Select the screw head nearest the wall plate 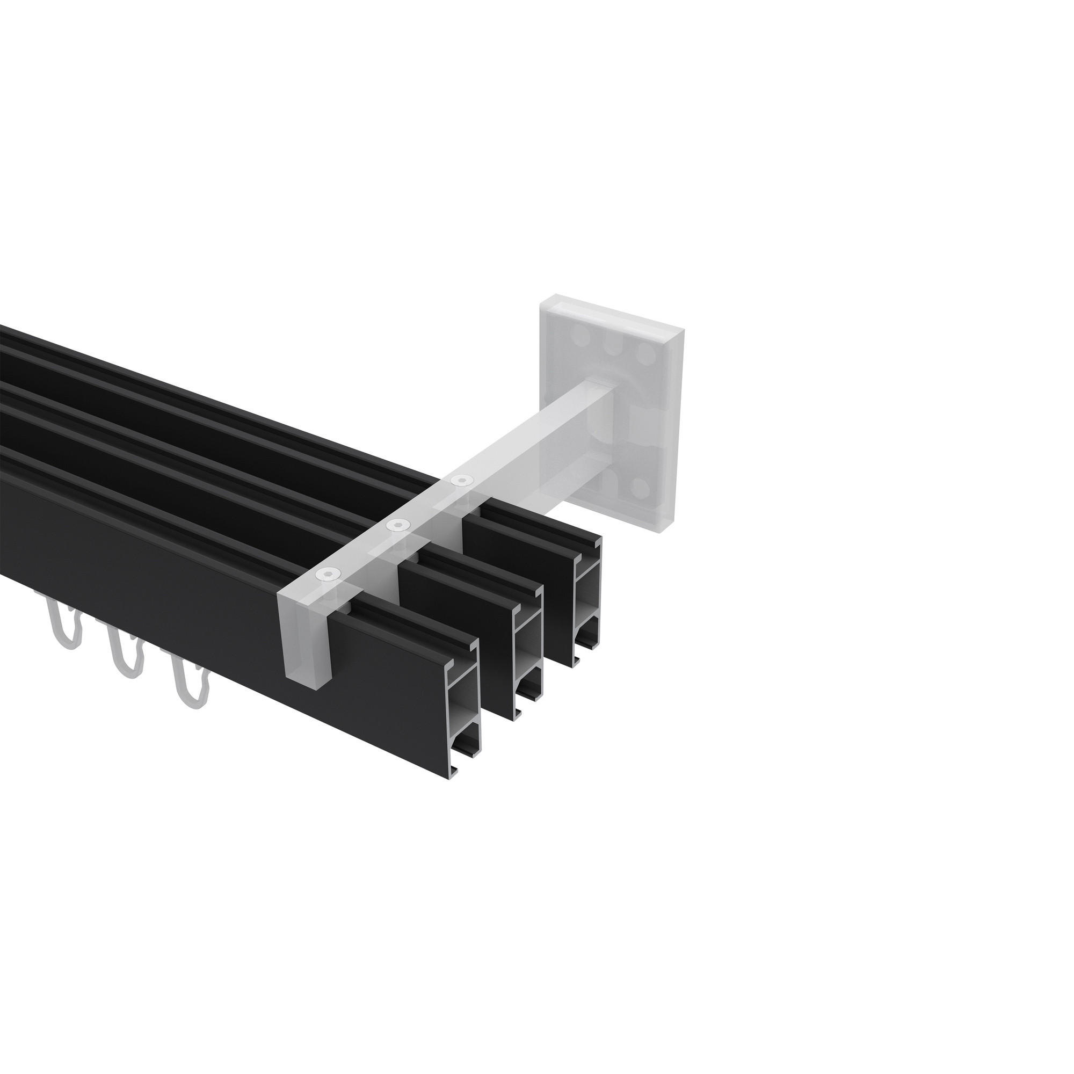click(460, 478)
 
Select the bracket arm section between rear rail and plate click(534, 439)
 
